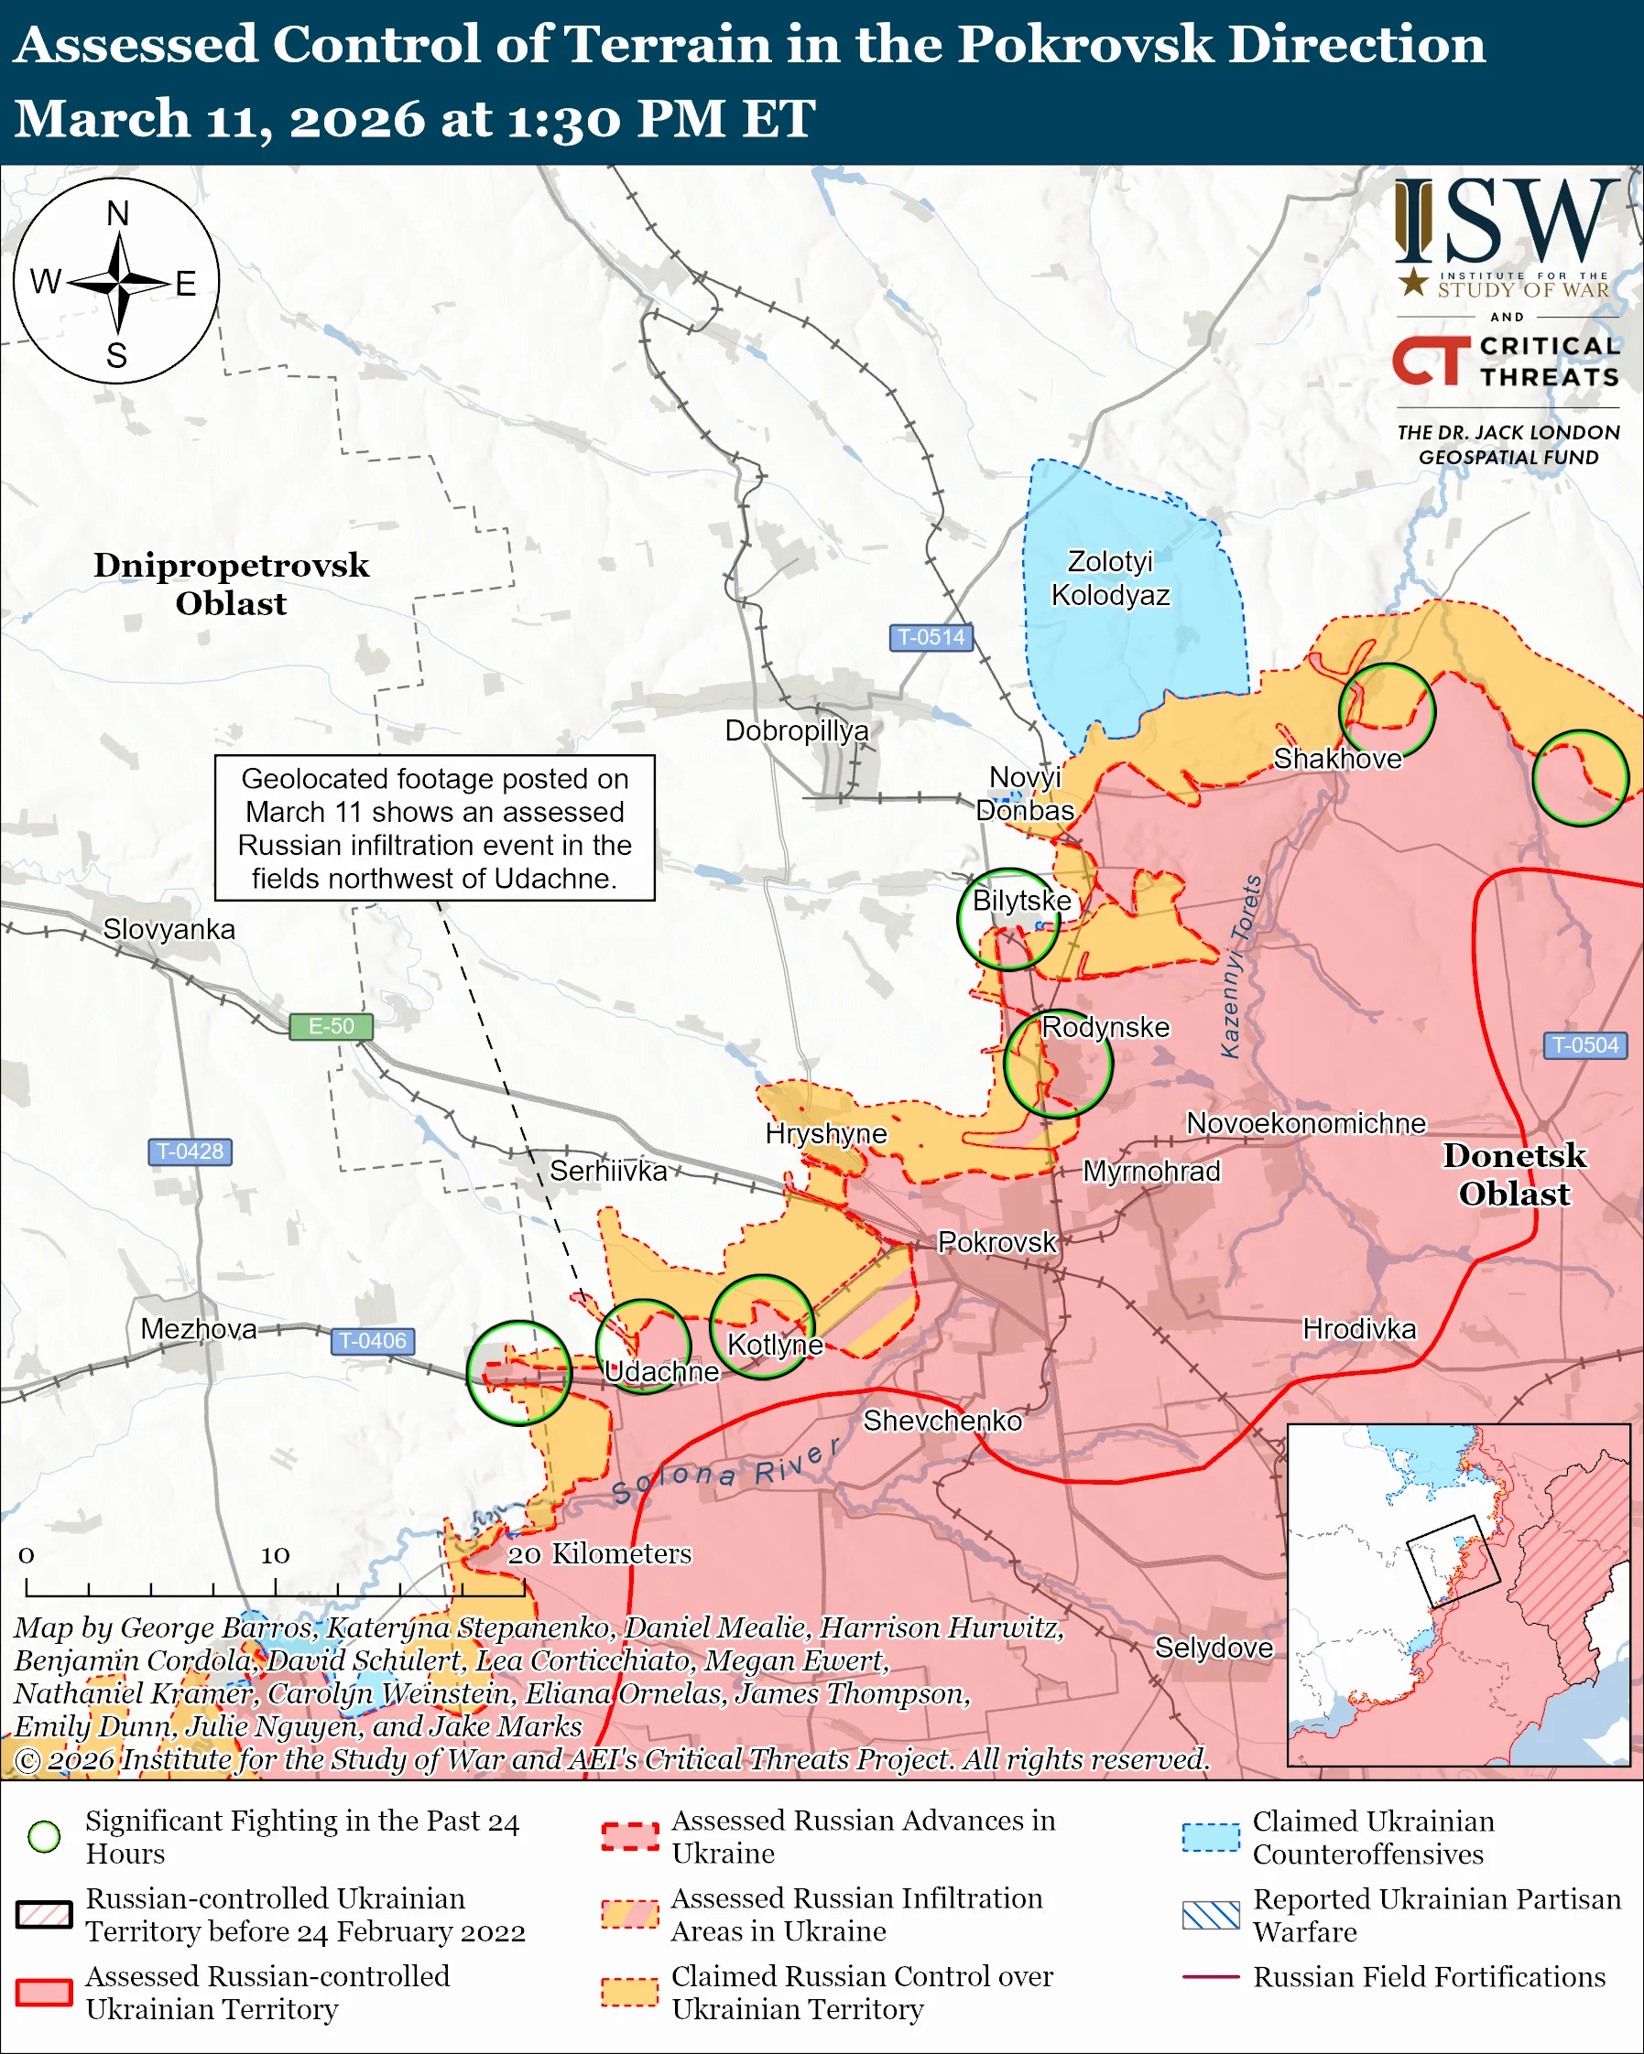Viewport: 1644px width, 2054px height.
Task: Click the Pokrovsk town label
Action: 996,1242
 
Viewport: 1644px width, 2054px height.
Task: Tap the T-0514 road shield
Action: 931,637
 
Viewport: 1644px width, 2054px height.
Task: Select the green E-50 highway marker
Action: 331,1026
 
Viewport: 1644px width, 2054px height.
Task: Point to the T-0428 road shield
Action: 190,1151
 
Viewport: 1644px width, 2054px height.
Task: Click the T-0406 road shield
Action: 373,1340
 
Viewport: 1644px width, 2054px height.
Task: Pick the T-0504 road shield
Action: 1584,1045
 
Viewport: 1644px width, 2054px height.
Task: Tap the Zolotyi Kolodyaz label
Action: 1110,578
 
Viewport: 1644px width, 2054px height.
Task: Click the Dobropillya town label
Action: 797,730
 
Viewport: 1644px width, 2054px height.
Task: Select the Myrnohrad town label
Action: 1151,1171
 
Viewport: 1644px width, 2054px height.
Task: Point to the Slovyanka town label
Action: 169,929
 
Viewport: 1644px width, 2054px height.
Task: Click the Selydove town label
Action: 1214,1648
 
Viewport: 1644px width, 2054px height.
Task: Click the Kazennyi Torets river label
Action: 1241,966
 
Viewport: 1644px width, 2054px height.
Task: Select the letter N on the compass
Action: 117,213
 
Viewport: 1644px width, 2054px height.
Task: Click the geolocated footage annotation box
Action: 435,827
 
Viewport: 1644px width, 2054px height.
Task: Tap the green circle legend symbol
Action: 44,1836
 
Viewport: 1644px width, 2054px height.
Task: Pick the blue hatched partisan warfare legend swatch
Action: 1211,1915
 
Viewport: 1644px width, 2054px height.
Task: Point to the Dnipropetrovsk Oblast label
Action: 231,584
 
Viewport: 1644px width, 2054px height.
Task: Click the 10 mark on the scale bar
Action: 276,1556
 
